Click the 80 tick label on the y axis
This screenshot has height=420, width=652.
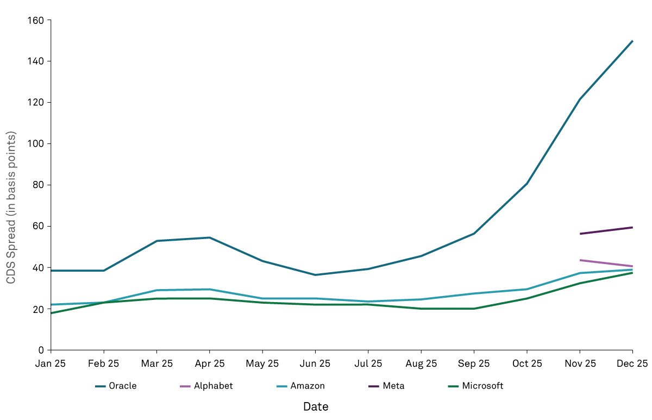coord(37,185)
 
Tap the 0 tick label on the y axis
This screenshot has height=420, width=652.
coord(40,350)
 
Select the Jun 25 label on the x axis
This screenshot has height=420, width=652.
coord(315,363)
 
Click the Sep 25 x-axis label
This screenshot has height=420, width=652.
coord(474,363)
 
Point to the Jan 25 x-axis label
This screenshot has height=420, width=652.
coord(51,363)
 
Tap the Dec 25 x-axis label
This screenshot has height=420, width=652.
coord(633,363)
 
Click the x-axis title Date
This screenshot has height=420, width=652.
coord(315,406)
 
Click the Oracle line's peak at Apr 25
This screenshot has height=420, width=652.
coord(210,237)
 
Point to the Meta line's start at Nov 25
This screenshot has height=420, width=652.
coord(580,234)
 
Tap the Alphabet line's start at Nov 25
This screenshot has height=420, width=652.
coord(580,260)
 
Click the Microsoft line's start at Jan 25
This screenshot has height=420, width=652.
coord(51,313)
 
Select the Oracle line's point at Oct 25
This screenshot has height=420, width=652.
coord(527,184)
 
